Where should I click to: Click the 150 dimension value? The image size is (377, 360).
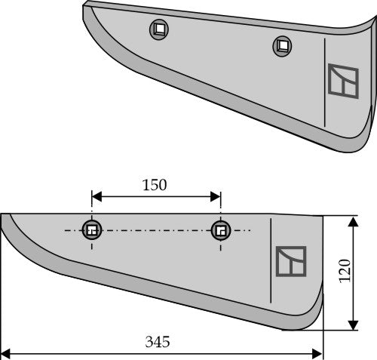tap(155, 185)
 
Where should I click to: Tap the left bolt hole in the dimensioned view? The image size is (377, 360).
tap(92, 230)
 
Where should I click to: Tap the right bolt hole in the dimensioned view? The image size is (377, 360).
tap(220, 229)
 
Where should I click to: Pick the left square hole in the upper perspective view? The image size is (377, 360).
tap(160, 30)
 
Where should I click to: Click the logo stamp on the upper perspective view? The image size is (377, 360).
tap(343, 82)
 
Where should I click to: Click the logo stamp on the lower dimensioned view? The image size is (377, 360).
tap(291, 261)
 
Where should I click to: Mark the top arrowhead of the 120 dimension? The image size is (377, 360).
tap(352, 219)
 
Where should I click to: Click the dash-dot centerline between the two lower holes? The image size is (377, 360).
tap(155, 230)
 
